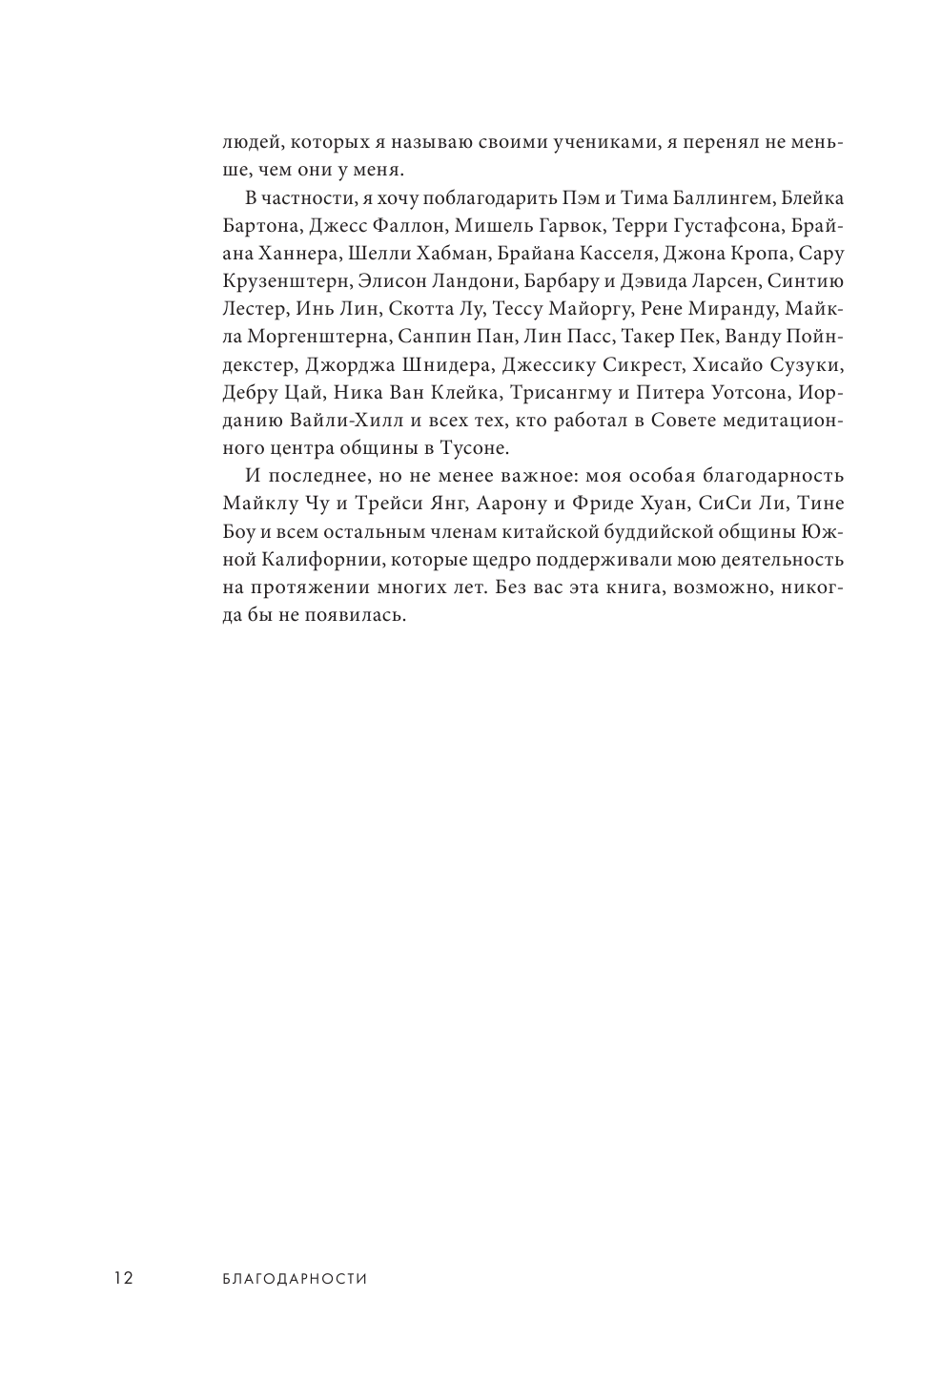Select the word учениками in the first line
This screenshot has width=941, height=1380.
coord(588,142)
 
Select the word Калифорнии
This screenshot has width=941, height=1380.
coord(311,559)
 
